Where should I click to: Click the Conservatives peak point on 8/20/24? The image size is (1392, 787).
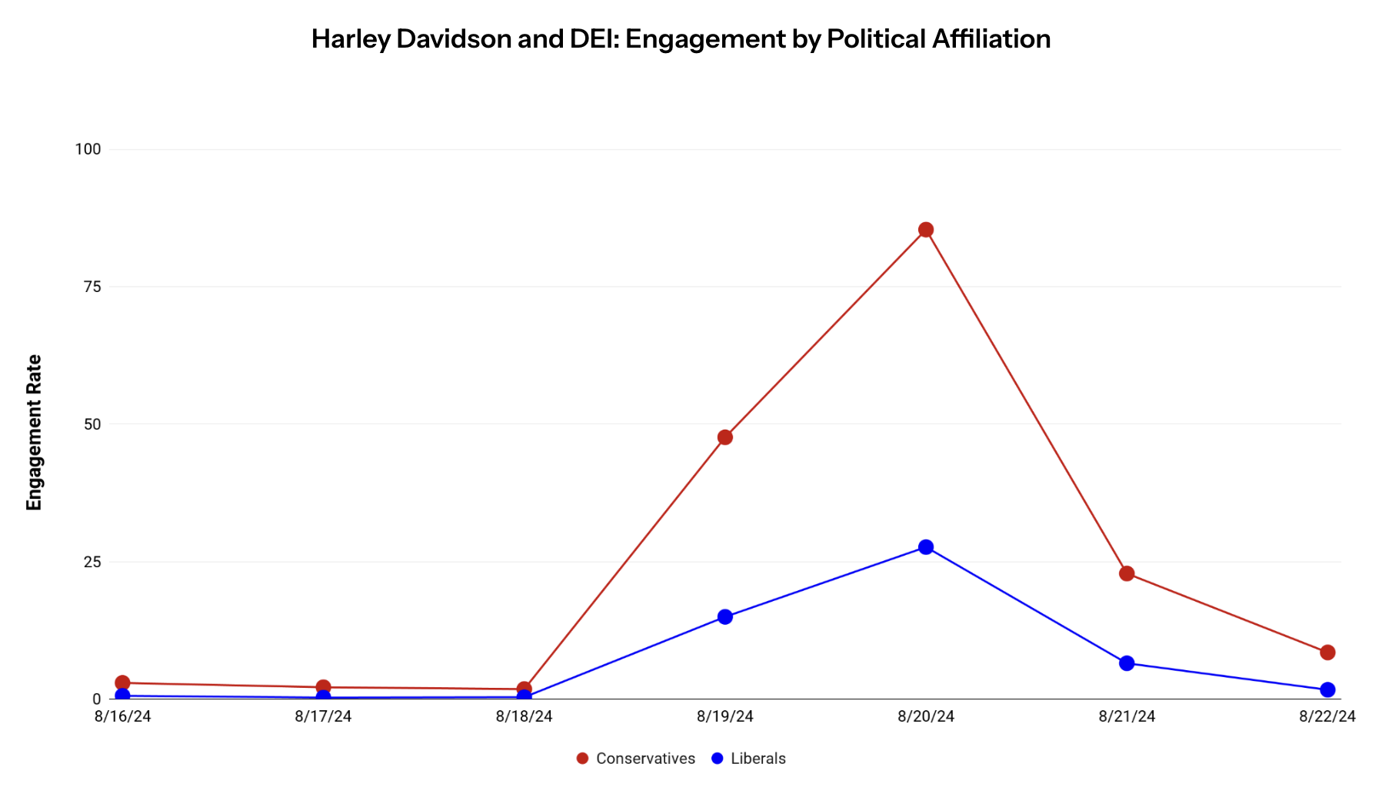pyautogui.click(x=926, y=230)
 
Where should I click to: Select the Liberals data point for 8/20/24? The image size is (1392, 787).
pyautogui.click(x=926, y=547)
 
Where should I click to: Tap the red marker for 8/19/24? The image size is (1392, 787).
pyautogui.click(x=724, y=437)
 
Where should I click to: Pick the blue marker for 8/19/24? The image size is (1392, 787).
pyautogui.click(x=724, y=616)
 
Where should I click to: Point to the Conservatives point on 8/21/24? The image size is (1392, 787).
pyautogui.click(x=1127, y=573)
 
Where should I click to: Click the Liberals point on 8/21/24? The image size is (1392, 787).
pyautogui.click(x=1127, y=662)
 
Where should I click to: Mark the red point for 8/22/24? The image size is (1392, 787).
pyautogui.click(x=1327, y=653)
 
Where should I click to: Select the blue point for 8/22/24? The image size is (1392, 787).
pyautogui.click(x=1327, y=689)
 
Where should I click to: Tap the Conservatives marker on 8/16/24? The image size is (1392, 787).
pyautogui.click(x=122, y=682)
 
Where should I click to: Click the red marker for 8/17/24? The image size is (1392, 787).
pyautogui.click(x=323, y=687)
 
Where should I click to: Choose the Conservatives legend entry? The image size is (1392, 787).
pyautogui.click(x=636, y=759)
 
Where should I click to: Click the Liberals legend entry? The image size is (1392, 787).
pyautogui.click(x=749, y=759)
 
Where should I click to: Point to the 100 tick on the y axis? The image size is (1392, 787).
pyautogui.click(x=88, y=149)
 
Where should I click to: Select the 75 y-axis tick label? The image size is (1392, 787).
pyautogui.click(x=92, y=287)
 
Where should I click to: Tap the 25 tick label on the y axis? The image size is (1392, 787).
pyautogui.click(x=92, y=562)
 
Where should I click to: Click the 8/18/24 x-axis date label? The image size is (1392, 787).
pyautogui.click(x=524, y=716)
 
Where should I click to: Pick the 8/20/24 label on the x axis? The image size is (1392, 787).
pyautogui.click(x=926, y=716)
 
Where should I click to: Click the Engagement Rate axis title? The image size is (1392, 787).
pyautogui.click(x=34, y=432)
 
